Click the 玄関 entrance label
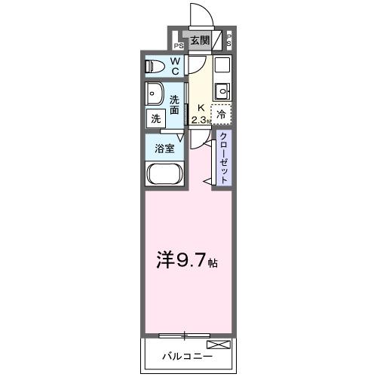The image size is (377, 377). coord(200,40)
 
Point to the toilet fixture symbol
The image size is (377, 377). coord(155,66)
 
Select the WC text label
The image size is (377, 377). coord(174,66)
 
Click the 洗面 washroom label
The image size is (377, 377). coord(175,105)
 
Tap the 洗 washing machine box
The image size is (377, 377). coord(155,118)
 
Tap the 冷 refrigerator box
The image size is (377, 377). coord(221,115)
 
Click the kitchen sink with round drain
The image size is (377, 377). coord(221,91)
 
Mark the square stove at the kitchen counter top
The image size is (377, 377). coord(221,66)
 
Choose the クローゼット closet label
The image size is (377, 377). coord(224,157)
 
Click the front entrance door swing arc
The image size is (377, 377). coord(198,14)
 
